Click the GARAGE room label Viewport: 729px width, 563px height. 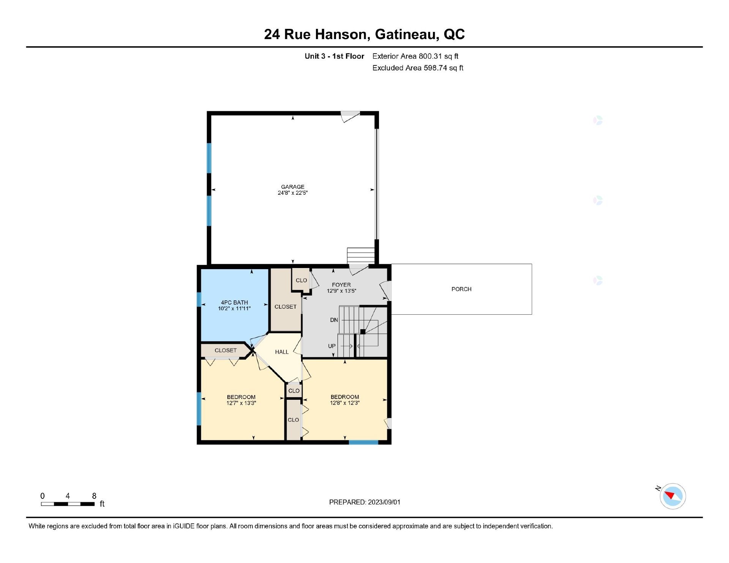click(292, 187)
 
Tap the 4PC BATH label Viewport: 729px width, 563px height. click(234, 303)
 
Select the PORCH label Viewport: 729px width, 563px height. click(461, 289)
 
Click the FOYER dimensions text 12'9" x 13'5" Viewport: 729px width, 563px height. click(341, 291)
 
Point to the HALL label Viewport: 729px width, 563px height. click(282, 352)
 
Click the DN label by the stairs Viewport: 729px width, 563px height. click(334, 320)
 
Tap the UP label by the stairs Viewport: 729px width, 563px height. click(332, 346)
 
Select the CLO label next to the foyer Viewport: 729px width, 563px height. click(301, 281)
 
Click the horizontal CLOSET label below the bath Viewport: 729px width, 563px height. click(226, 350)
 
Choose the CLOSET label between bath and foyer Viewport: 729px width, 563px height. click(285, 307)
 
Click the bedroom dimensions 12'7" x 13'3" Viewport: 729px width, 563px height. click(241, 403)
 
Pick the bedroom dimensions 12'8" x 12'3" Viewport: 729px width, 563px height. click(344, 403)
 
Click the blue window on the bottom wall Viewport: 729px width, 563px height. click(363, 442)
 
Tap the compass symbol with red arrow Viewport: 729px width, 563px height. click(672, 496)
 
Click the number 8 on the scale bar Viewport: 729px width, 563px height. click(94, 496)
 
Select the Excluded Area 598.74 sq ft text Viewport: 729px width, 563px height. click(418, 68)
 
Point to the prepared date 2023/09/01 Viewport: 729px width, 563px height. click(384, 502)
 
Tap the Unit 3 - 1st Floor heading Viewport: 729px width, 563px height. click(334, 56)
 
